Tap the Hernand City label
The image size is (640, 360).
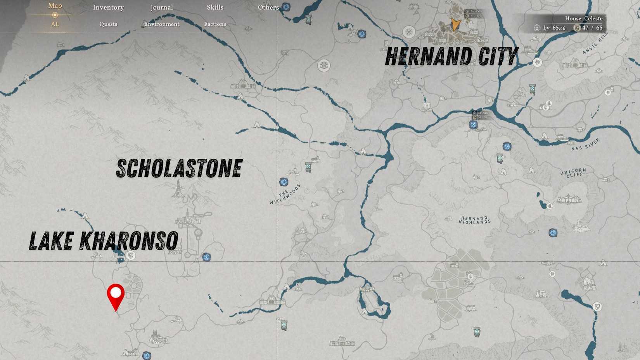pos(451,57)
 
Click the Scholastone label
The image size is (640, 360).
pos(179,169)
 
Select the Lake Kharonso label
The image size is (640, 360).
pos(104,241)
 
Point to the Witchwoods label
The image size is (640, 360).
pos(285,194)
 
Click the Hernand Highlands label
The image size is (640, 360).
pos(474,220)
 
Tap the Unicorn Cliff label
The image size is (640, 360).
pos(573,173)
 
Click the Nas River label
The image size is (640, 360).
pos(585,144)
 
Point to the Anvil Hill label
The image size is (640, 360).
pos(595,43)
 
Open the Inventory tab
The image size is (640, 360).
pos(108,7)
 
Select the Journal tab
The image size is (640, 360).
pos(162,7)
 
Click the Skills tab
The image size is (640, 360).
pos(215,7)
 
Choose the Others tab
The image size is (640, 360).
pos(268,7)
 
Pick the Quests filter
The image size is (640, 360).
pos(108,24)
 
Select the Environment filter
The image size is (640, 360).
pos(162,24)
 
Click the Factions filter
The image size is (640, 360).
pos(215,24)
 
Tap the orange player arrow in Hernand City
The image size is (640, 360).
pos(455,24)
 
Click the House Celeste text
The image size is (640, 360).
pos(583,18)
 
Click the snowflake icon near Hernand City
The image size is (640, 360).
pos(408,32)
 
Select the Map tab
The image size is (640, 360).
pos(55,6)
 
